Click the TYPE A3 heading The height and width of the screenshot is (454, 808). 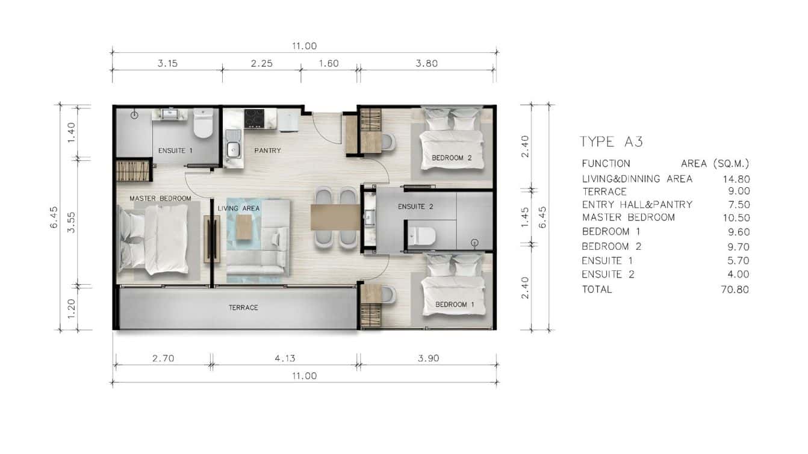pos(611,142)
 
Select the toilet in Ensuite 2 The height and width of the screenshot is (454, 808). pos(422,235)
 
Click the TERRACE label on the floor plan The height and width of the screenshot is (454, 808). pos(243,308)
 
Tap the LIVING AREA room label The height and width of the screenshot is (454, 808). pos(238,208)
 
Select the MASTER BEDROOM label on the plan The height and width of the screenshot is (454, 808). pos(160,198)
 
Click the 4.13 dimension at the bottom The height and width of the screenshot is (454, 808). pos(284,358)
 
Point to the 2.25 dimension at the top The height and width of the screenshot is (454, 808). pos(261,63)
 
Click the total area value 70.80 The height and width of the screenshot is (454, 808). pos(736,289)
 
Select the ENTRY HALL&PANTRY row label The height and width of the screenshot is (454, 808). pos(637,205)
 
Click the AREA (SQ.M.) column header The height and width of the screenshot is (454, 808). pos(715,164)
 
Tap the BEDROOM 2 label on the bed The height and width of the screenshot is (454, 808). pos(448,158)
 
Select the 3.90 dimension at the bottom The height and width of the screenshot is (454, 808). pos(428,358)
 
